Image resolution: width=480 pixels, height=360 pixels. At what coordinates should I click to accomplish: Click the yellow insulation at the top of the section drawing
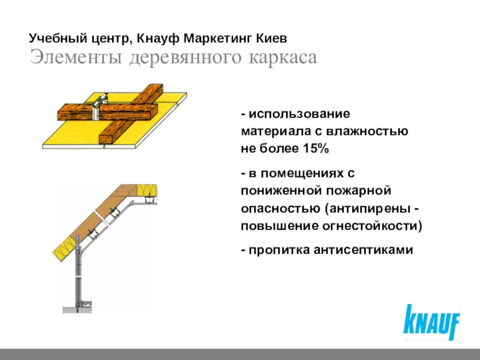[147, 191]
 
